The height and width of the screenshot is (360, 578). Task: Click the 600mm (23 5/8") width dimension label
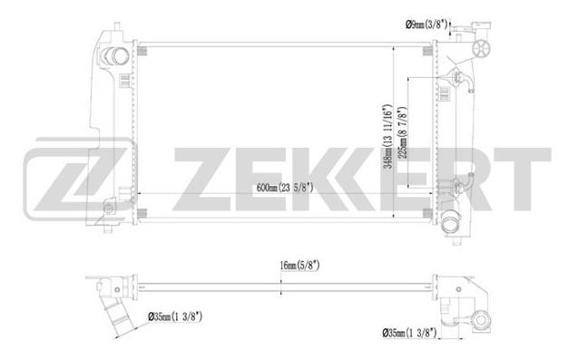(285, 188)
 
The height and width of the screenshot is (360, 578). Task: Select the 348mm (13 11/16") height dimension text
(387, 136)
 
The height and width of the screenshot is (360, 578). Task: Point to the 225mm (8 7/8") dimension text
(402, 133)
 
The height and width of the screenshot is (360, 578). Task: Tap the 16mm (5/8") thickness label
(299, 266)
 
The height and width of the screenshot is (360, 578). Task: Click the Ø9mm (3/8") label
(426, 24)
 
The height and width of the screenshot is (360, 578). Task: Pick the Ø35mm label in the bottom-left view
(175, 316)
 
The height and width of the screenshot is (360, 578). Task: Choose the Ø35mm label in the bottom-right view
(409, 333)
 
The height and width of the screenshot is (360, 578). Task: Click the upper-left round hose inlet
(115, 56)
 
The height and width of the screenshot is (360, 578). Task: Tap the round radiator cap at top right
(482, 48)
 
